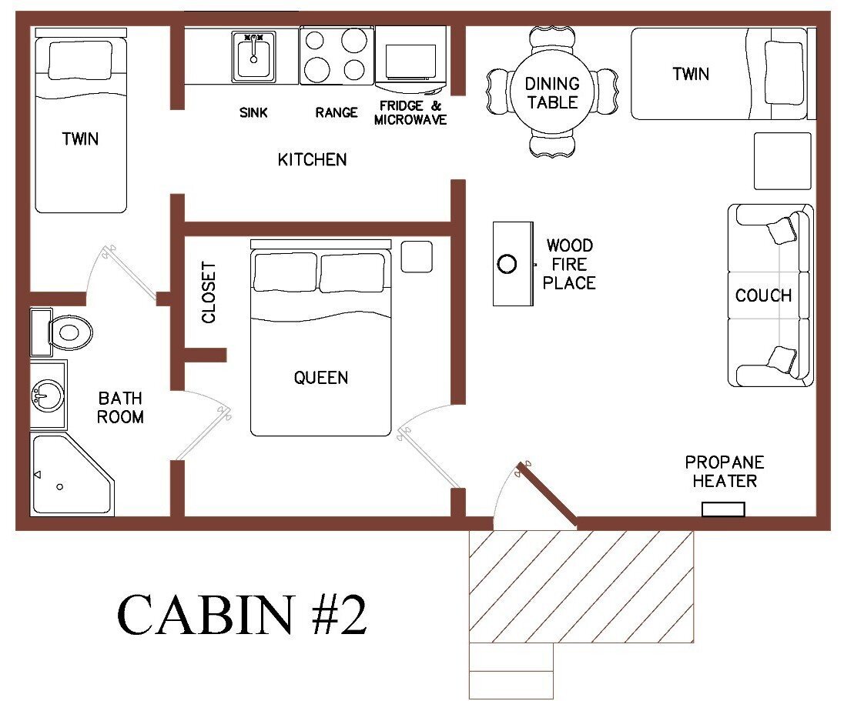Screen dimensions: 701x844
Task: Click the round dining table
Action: click(551, 92)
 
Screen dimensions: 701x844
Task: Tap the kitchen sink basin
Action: click(253, 55)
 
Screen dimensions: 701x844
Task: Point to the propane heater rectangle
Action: click(723, 509)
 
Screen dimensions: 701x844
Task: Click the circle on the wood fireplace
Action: click(507, 265)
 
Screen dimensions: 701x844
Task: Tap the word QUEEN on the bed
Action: click(320, 378)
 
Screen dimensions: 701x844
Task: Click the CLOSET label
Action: click(209, 292)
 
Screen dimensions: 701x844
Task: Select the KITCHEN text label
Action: click(312, 160)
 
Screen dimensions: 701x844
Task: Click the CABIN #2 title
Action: click(243, 613)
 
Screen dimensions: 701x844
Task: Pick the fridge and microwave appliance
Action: click(411, 54)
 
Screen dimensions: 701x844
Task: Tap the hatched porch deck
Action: click(581, 585)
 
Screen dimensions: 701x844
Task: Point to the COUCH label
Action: click(762, 295)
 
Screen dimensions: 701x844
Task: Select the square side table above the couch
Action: click(782, 161)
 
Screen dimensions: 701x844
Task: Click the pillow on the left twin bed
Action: click(80, 59)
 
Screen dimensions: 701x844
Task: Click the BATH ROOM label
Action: click(120, 408)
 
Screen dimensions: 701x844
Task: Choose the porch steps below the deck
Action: click(511, 669)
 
